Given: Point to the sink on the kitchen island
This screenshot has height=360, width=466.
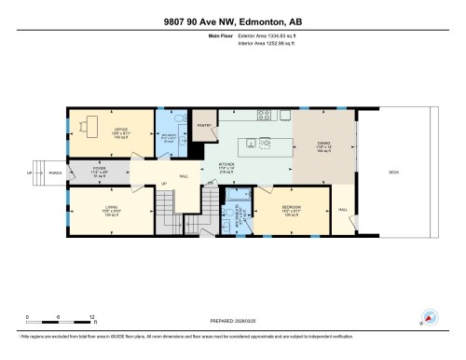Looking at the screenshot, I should click(264, 143).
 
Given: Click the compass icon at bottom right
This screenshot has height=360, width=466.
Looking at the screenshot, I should click(430, 318).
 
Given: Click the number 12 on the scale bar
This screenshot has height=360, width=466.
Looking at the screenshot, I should click(90, 318).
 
